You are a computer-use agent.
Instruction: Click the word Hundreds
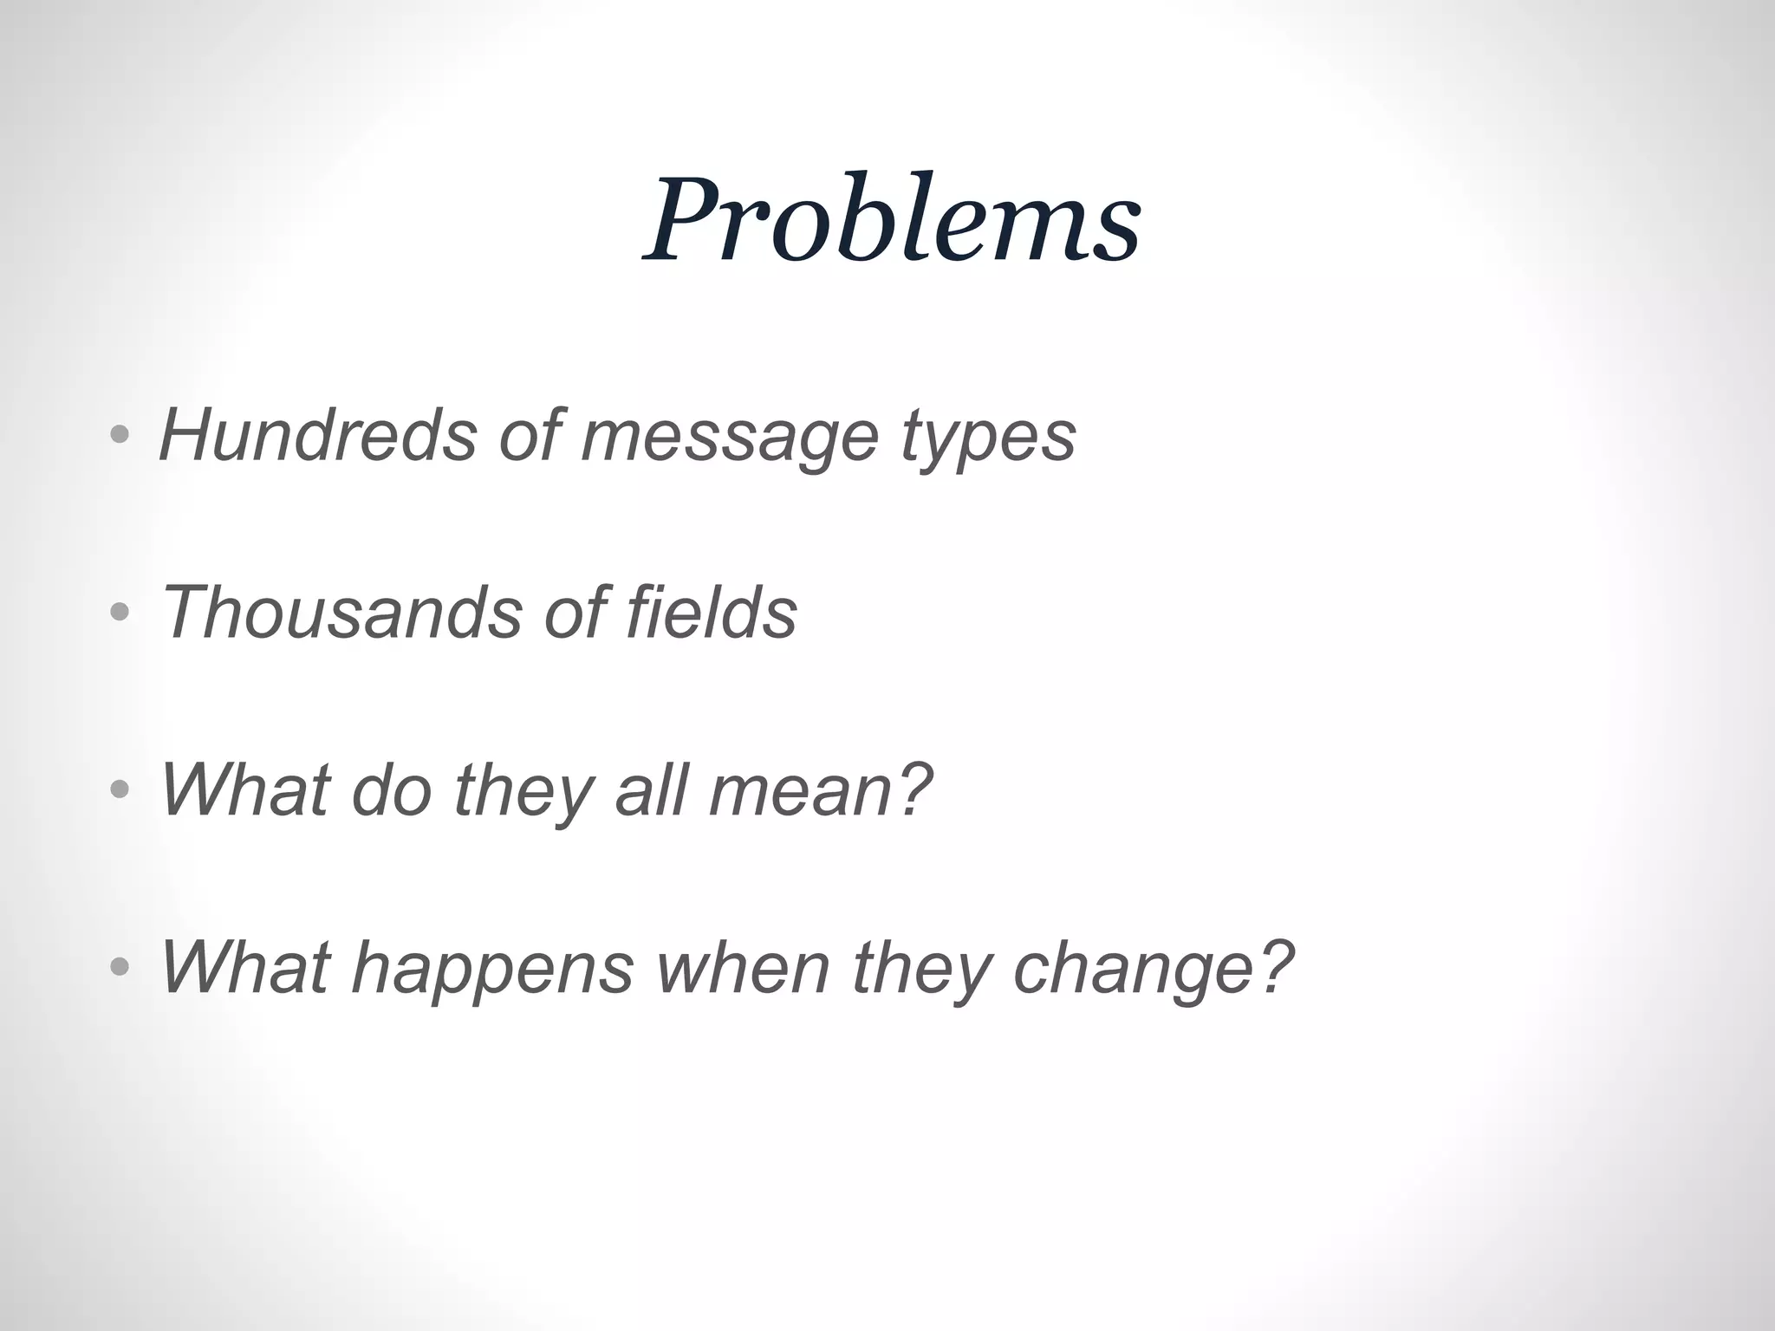tap(317, 435)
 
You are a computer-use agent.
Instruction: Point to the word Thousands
tap(341, 613)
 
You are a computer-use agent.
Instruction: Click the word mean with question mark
tap(820, 790)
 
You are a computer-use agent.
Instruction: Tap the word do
tap(392, 790)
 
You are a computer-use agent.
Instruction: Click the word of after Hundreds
tap(529, 435)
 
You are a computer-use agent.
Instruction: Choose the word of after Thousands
tap(573, 613)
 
